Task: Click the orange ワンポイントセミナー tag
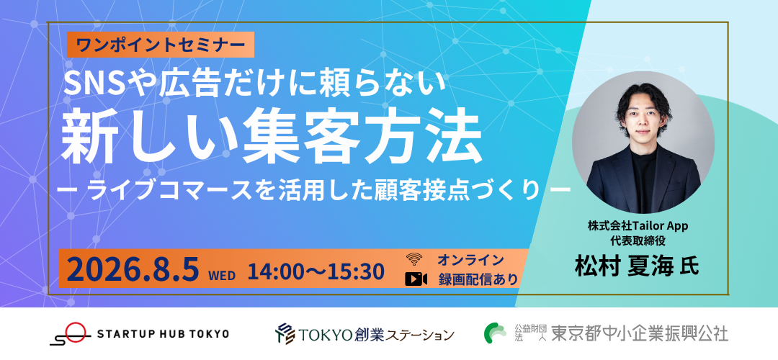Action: click(x=160, y=45)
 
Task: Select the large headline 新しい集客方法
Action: click(x=272, y=136)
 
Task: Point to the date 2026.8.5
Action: click(x=133, y=270)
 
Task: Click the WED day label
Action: click(x=222, y=275)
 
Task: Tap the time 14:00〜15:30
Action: click(x=316, y=271)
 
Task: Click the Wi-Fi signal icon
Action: click(x=413, y=259)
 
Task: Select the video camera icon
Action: click(x=416, y=279)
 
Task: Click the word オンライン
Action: click(x=470, y=259)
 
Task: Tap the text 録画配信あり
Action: click(x=478, y=279)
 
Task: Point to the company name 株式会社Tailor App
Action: click(x=638, y=226)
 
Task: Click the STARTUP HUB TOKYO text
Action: click(x=164, y=333)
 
